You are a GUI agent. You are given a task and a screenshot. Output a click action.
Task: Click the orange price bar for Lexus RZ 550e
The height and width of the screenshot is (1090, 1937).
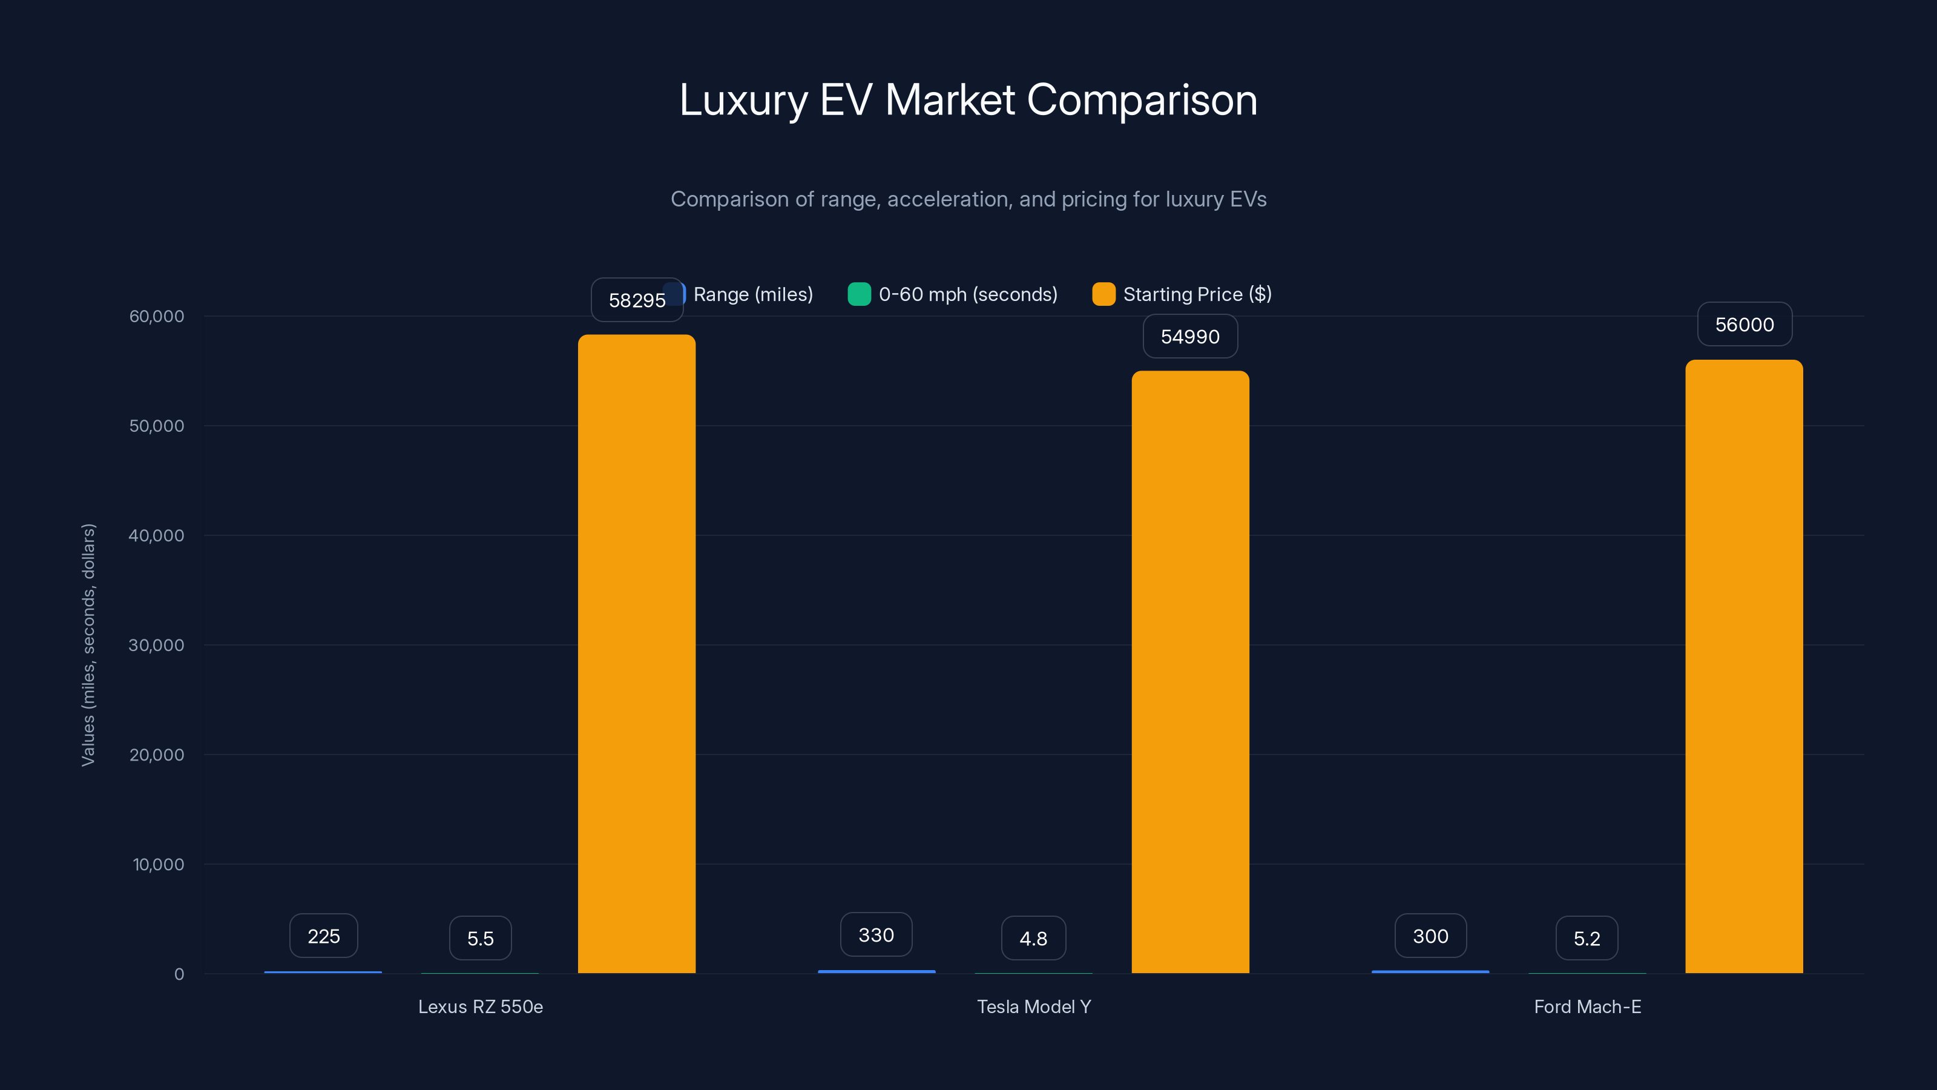coord(636,655)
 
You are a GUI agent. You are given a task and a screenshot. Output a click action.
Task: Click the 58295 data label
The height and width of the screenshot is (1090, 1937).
coord(636,300)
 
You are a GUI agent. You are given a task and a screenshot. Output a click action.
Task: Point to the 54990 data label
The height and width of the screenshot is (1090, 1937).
coord(1189,336)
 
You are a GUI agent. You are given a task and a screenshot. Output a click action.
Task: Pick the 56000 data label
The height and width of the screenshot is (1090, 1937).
coord(1744,324)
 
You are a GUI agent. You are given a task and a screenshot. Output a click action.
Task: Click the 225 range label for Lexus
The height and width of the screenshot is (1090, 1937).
coord(323,936)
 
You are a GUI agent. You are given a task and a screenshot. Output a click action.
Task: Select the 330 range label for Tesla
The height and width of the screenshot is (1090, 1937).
coord(876,934)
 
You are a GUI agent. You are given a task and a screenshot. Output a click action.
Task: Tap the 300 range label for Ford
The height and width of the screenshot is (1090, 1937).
coord(1430,936)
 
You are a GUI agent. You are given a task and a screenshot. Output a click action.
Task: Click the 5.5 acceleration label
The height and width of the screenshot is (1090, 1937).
coord(480,938)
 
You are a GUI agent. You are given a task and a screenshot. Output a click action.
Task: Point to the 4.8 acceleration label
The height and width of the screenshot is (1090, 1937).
coord(1033,938)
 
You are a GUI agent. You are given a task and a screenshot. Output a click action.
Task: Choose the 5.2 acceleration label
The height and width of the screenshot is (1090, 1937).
coord(1587,938)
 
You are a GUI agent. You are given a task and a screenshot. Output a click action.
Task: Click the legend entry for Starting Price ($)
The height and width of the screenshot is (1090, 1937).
coord(1196,294)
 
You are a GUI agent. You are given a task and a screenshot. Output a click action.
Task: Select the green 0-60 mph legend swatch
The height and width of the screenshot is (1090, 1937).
coord(859,294)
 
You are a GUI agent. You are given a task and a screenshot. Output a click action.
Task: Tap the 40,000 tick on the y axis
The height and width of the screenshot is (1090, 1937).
coord(156,535)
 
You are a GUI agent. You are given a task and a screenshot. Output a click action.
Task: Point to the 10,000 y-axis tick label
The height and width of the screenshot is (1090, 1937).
coord(158,864)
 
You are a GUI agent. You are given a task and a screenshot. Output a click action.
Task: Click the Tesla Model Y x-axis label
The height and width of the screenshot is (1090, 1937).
coord(1033,1006)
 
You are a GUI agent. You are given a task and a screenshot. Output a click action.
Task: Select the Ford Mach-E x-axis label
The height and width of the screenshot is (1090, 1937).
coord(1587,1006)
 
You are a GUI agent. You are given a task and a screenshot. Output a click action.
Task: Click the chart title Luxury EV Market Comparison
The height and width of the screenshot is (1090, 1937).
coord(968,99)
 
